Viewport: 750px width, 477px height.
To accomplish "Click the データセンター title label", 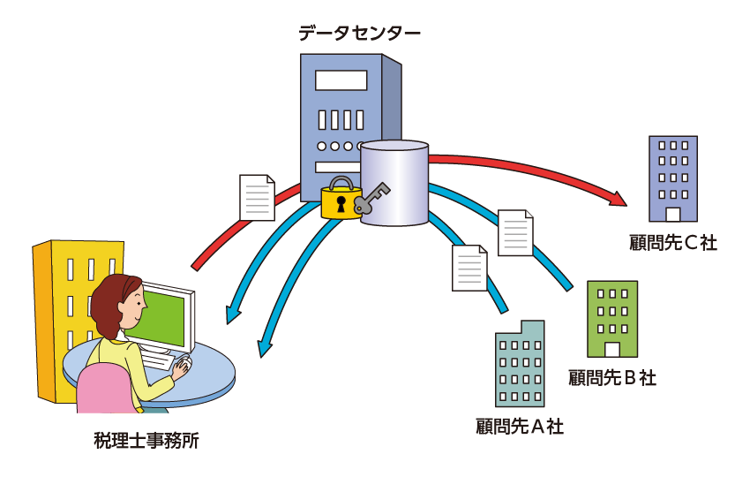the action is click(359, 34).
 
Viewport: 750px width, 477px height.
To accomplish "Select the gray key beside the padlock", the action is click(371, 197).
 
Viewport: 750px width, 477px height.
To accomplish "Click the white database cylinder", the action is click(394, 183).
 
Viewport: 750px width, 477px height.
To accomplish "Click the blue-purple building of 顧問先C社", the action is click(673, 178).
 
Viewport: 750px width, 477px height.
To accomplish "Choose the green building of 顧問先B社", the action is click(612, 319).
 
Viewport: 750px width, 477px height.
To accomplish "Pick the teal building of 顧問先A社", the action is click(520, 364).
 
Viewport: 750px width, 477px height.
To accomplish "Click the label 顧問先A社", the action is click(520, 427).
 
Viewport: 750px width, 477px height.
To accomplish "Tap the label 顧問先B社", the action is click(612, 378).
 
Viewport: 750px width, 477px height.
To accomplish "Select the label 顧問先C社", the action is click(673, 243).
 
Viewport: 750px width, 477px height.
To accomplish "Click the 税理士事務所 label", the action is click(146, 441).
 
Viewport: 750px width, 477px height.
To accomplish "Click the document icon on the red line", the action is click(258, 197).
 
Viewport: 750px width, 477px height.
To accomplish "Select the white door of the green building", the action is click(612, 350).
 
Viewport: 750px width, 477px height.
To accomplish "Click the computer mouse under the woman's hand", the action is click(185, 362).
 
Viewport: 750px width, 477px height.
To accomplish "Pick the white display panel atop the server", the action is click(341, 80).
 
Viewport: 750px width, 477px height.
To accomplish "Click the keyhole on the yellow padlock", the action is click(341, 204).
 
